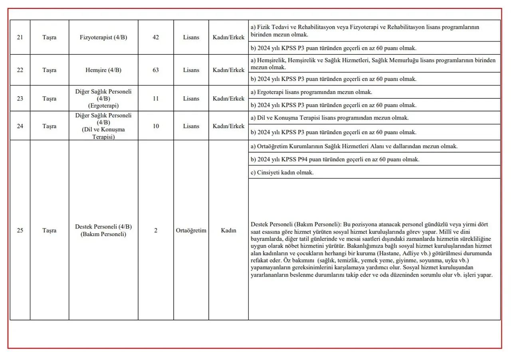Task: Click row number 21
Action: (x=20, y=37)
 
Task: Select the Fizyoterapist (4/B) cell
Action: (x=103, y=37)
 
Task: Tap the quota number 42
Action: (x=156, y=37)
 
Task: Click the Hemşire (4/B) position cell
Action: (x=103, y=70)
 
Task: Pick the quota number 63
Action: (x=156, y=70)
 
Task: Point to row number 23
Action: (x=20, y=98)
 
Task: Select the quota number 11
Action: (x=156, y=98)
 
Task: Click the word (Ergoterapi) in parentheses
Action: (x=103, y=105)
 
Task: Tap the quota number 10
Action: (x=156, y=126)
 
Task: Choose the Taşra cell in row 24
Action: (x=50, y=126)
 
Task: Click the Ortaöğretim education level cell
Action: (x=191, y=230)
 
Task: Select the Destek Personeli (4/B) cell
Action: (x=103, y=227)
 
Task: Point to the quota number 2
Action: (x=156, y=230)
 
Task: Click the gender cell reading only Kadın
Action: (x=228, y=230)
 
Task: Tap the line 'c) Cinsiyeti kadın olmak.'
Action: (x=282, y=173)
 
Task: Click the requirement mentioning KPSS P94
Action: (x=335, y=159)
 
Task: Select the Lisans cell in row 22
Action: (x=191, y=70)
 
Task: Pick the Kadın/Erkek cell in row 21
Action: (x=228, y=37)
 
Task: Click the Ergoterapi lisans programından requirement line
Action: (x=311, y=92)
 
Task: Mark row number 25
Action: (x=20, y=230)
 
